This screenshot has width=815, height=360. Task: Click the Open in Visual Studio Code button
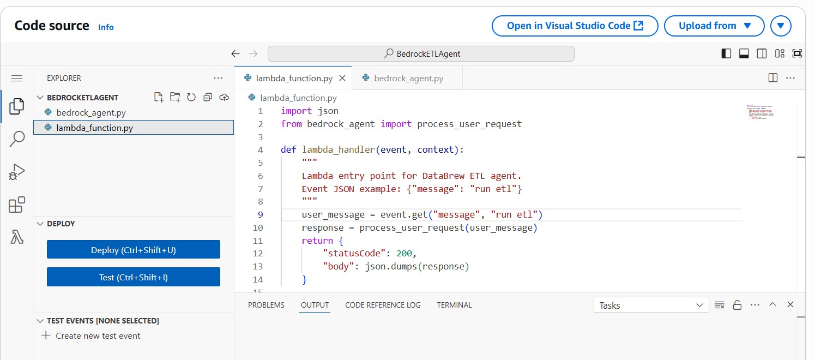575,26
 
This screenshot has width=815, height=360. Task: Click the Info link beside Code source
106,27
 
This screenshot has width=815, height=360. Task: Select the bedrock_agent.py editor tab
408,78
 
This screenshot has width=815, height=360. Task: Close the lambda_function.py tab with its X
342,78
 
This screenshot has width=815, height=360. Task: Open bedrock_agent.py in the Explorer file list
91,113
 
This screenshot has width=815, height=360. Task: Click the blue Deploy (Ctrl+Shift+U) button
134,250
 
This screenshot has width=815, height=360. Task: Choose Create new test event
98,335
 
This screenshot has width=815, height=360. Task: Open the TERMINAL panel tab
454,305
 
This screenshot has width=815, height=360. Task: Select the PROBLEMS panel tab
266,305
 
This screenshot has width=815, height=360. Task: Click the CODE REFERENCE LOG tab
383,305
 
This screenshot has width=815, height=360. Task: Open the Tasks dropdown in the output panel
651,305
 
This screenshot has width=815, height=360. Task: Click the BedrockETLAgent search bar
421,53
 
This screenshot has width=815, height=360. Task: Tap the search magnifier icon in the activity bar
17,139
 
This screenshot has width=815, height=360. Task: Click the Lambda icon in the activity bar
17,237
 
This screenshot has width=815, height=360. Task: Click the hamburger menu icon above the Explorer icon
17,78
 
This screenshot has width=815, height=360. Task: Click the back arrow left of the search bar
236,53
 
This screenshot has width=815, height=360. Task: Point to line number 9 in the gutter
260,214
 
